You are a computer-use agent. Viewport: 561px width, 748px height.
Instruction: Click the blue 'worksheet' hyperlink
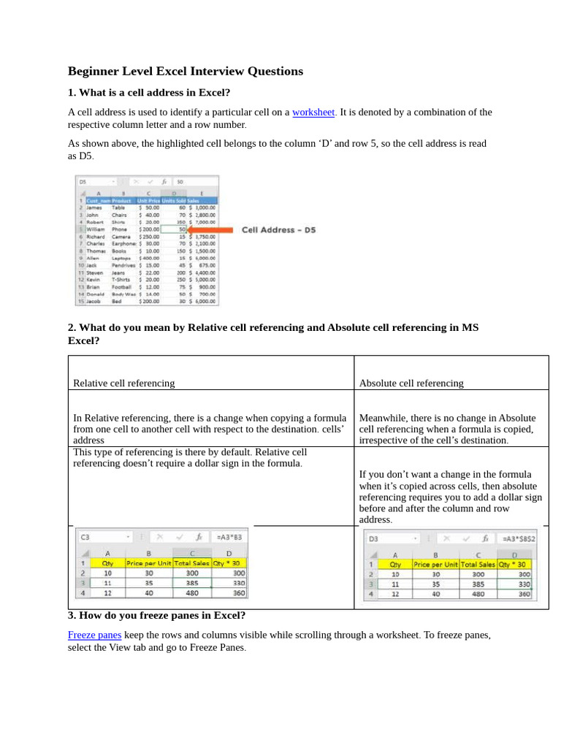pyautogui.click(x=313, y=112)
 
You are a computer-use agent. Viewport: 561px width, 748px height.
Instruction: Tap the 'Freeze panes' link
pyautogui.click(x=94, y=636)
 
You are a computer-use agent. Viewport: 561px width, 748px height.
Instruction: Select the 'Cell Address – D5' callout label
pyautogui.click(x=279, y=230)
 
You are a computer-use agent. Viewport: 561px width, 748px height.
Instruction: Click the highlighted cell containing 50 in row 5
pyautogui.click(x=172, y=229)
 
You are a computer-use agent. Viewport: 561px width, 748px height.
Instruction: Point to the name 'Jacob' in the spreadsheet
pyautogui.click(x=93, y=301)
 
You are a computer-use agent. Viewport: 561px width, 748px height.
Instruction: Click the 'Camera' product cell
pyautogui.click(x=121, y=237)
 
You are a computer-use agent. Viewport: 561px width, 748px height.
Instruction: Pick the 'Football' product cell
pyautogui.click(x=122, y=287)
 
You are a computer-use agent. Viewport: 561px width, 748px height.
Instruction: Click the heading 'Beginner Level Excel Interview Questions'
pyautogui.click(x=185, y=72)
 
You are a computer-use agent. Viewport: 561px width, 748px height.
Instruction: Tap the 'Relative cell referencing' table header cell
pyautogui.click(x=124, y=383)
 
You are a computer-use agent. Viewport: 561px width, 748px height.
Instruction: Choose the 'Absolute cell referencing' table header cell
pyautogui.click(x=411, y=383)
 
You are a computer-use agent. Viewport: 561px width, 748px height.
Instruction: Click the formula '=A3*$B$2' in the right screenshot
pyautogui.click(x=518, y=538)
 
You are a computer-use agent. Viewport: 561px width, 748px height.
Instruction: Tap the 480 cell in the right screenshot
pyautogui.click(x=478, y=595)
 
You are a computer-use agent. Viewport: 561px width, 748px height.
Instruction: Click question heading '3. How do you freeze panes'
pyautogui.click(x=156, y=616)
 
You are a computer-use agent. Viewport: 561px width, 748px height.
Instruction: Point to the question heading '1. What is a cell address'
pyautogui.click(x=149, y=93)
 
